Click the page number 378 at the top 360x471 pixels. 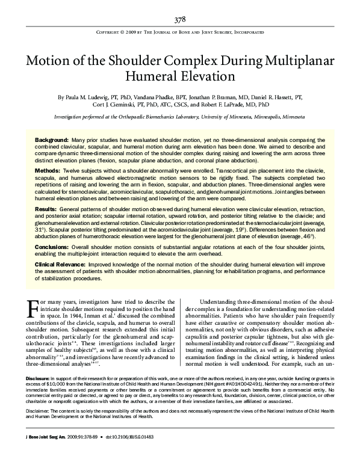(180, 20)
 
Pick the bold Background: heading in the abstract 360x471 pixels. (51, 139)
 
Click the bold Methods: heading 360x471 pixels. (47, 171)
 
